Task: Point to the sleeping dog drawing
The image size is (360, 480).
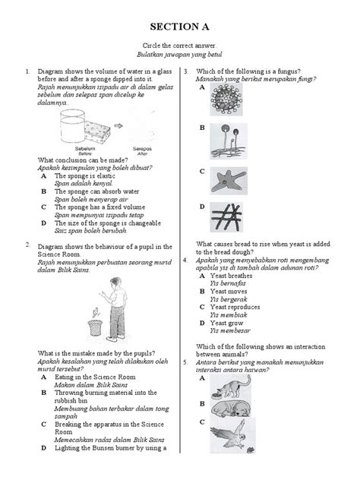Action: pyautogui.click(x=235, y=413)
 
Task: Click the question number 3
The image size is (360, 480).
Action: pyautogui.click(x=185, y=71)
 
